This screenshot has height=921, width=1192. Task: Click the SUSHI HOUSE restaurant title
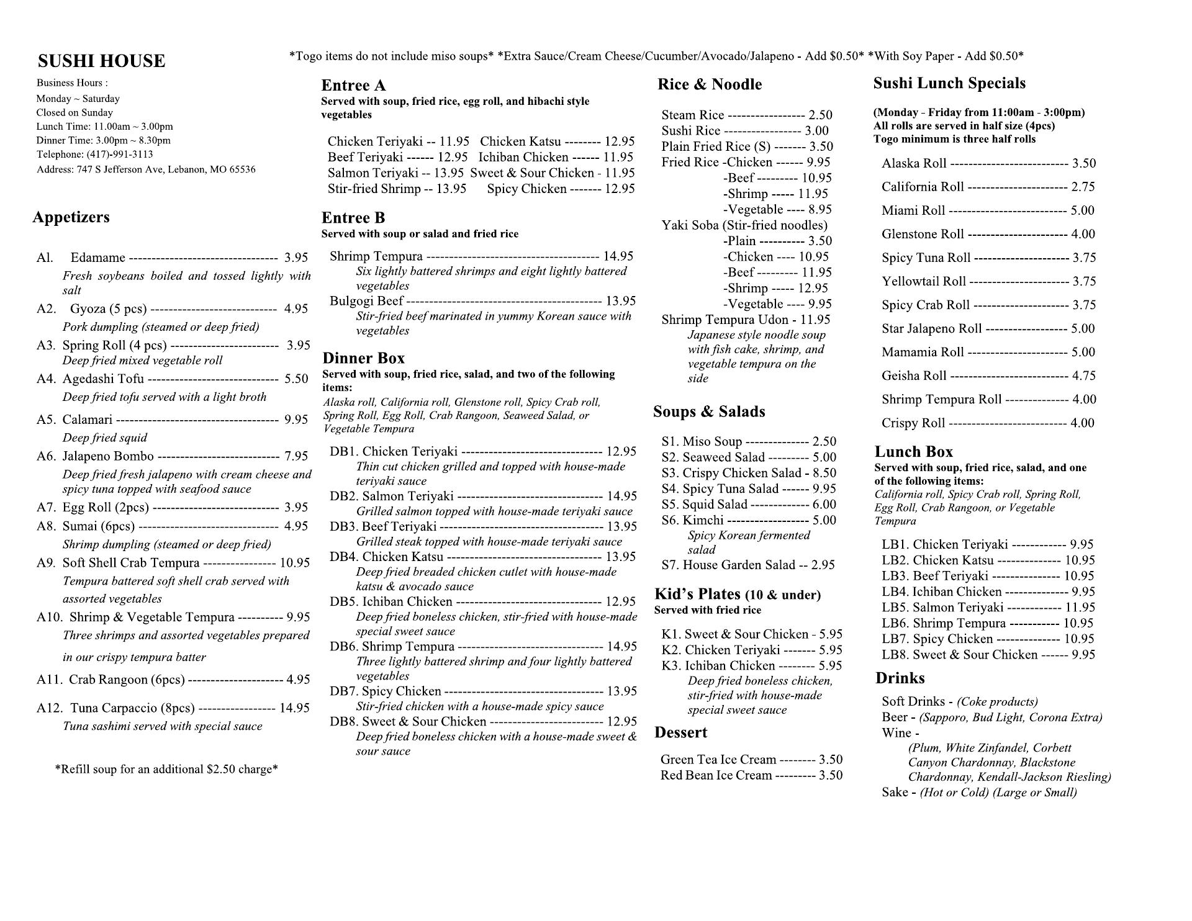click(101, 61)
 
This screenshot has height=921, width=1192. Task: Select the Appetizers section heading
click(71, 217)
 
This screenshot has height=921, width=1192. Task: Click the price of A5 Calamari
click(296, 420)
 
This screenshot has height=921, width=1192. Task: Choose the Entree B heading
click(353, 218)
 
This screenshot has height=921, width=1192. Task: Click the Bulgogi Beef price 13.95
click(621, 301)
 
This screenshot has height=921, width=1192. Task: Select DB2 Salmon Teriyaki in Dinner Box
click(407, 496)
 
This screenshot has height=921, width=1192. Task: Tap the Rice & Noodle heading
click(710, 84)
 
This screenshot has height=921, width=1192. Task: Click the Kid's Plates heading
click(697, 595)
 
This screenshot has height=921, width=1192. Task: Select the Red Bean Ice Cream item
click(716, 775)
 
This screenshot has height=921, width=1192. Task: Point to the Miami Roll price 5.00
click(1082, 210)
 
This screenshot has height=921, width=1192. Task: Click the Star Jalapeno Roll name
click(931, 328)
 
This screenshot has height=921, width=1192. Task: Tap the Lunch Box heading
click(913, 452)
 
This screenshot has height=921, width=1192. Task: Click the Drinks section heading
click(900, 678)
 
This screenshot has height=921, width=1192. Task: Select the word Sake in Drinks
click(895, 793)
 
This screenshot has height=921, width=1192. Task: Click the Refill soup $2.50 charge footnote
click(166, 770)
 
